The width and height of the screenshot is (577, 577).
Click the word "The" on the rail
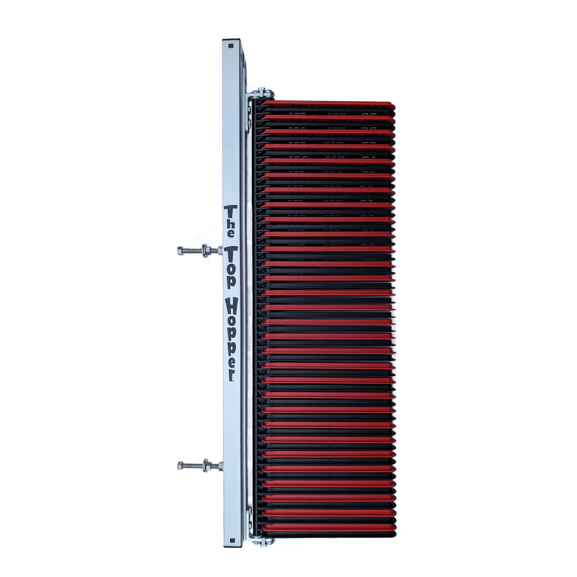tap(231, 222)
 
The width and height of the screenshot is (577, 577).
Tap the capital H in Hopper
tap(231, 306)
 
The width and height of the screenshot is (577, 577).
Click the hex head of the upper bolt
tap(180, 251)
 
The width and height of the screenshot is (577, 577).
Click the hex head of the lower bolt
tap(180, 465)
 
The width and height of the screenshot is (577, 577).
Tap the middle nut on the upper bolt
tap(205, 251)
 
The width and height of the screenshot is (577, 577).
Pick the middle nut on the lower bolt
tap(206, 465)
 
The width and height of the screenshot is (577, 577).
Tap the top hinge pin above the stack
tap(263, 92)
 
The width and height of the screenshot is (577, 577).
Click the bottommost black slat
tap(327, 533)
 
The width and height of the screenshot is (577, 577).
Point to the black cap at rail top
tap(232, 41)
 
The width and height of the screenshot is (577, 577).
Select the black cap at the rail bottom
tap(233, 546)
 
